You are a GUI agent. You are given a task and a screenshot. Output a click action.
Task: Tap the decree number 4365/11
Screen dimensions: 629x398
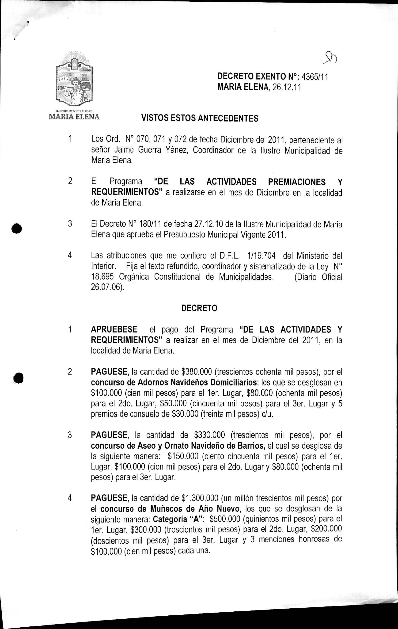click(x=315, y=77)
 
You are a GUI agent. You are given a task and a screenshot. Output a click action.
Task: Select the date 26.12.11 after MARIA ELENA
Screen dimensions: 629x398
click(x=287, y=88)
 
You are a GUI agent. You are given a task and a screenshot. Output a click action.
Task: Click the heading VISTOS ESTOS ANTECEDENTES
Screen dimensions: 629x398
click(x=200, y=118)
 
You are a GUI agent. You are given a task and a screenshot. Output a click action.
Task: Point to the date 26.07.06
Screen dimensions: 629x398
click(x=106, y=287)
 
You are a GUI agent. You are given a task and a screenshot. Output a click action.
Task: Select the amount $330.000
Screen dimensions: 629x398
click(x=209, y=435)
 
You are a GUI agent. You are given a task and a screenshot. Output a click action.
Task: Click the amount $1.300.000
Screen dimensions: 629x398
click(x=200, y=498)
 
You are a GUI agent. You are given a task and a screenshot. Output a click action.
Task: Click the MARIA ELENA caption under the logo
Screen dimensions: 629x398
click(x=74, y=117)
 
